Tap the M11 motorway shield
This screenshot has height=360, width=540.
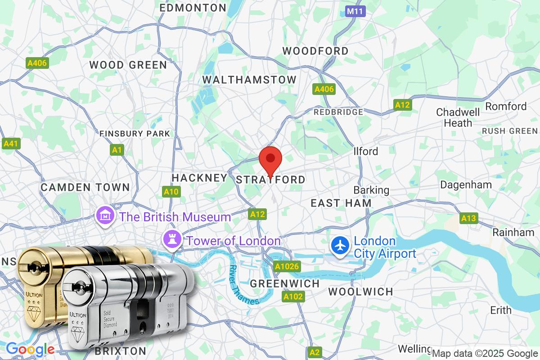[x=356, y=11]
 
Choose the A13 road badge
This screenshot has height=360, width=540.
[x=468, y=218]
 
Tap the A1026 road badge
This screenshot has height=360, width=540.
[x=287, y=267]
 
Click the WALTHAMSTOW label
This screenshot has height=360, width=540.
[x=249, y=80]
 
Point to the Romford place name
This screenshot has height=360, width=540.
[x=506, y=106]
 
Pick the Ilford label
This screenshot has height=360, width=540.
[x=366, y=151]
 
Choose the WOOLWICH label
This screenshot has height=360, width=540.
[x=361, y=292]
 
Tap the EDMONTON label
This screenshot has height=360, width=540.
[x=193, y=8]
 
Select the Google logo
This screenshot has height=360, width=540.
[x=30, y=349]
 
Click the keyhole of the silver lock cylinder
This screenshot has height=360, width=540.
[x=78, y=286]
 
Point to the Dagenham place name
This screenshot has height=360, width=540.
[x=466, y=184]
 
